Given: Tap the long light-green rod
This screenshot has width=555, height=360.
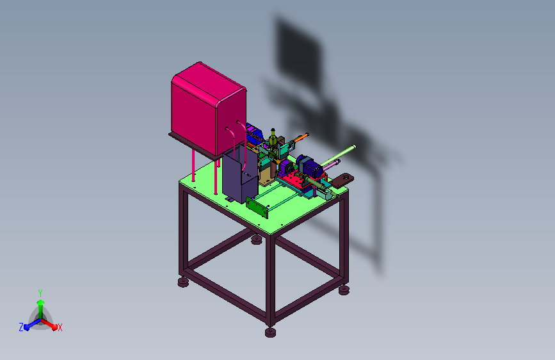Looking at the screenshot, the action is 338,155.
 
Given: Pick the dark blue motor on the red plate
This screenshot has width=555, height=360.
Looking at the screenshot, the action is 310,167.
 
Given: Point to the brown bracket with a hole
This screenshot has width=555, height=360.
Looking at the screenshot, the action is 342,180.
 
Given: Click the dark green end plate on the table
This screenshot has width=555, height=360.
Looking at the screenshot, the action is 257,208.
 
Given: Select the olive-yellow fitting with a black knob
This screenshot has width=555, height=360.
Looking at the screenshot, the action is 273,138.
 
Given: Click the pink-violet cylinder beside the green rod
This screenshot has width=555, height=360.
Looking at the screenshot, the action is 332,165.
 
